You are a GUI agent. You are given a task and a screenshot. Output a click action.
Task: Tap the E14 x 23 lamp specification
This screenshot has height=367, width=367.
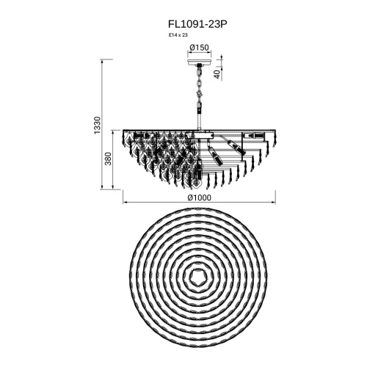click(x=178, y=35)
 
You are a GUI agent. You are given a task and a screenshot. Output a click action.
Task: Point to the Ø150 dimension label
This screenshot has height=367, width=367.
click(x=200, y=47)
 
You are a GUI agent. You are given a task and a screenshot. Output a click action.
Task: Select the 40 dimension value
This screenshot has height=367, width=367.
click(x=217, y=74)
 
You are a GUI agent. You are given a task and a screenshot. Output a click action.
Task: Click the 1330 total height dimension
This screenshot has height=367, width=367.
click(x=98, y=125)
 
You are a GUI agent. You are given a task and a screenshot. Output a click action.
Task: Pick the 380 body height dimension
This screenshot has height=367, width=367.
click(x=108, y=159)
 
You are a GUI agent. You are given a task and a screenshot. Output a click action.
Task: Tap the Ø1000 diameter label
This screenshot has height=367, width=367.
click(x=199, y=197)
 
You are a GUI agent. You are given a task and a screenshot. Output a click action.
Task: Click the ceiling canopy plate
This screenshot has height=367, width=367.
click(x=200, y=62)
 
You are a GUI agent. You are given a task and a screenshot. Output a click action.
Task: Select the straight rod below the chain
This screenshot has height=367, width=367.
click(x=200, y=121)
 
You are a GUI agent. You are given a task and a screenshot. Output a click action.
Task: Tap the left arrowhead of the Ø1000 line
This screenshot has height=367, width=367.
click(x=124, y=203)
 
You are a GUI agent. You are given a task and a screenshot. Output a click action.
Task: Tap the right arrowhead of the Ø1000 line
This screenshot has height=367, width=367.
click(x=274, y=203)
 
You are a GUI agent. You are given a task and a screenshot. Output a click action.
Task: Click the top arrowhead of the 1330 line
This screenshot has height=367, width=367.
click(x=102, y=61)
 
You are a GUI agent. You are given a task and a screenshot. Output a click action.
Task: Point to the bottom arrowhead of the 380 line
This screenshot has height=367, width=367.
click(x=113, y=188)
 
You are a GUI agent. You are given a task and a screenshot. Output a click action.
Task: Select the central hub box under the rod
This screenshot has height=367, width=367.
click(x=200, y=136)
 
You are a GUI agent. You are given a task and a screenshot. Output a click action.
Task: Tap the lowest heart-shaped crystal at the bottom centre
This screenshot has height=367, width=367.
click(x=196, y=183)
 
